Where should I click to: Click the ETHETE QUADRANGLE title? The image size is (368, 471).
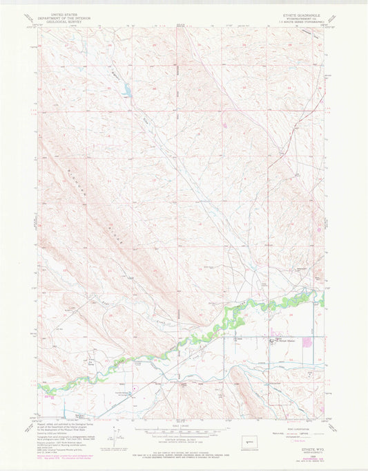tap(295, 12)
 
